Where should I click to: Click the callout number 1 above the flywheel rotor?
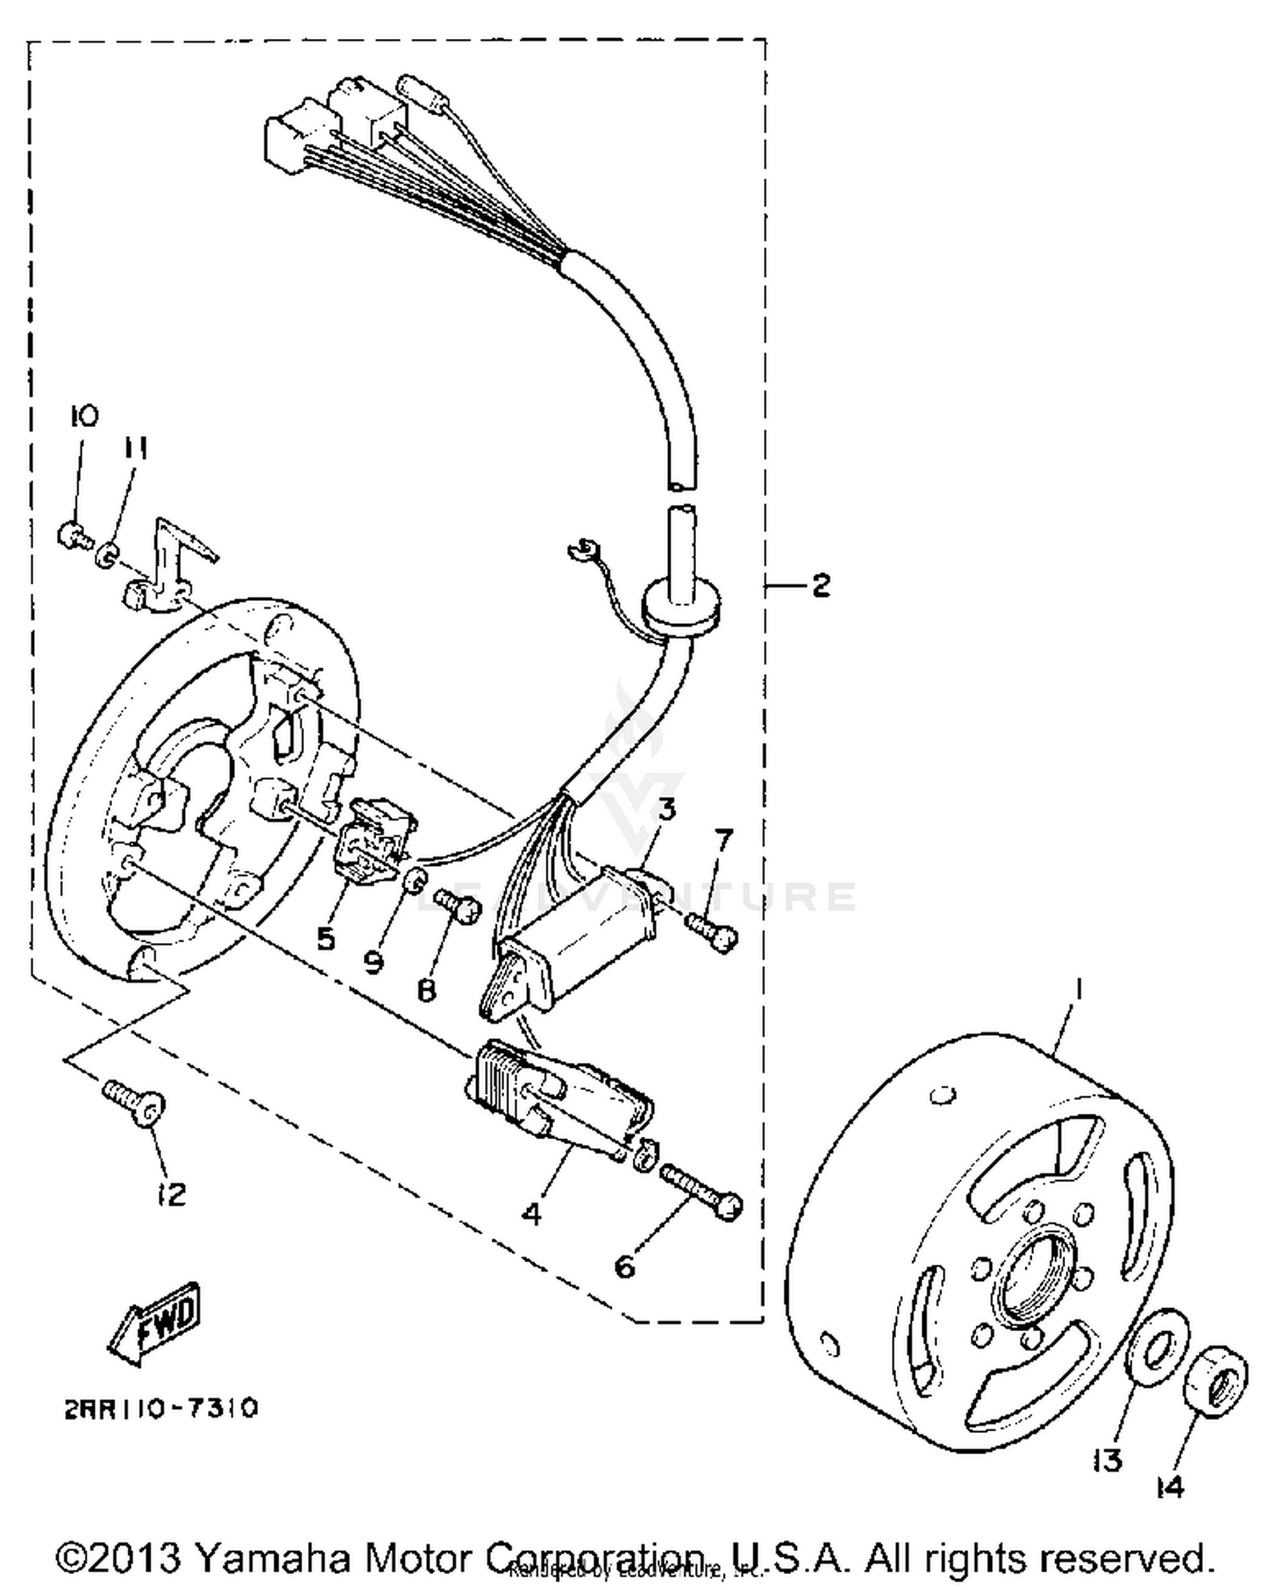click(1080, 990)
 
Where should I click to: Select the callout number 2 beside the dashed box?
click(820, 585)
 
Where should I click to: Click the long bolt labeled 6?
click(698, 1191)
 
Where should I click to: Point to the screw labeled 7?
click(713, 931)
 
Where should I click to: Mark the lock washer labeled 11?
click(107, 556)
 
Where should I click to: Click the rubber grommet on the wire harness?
click(681, 604)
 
